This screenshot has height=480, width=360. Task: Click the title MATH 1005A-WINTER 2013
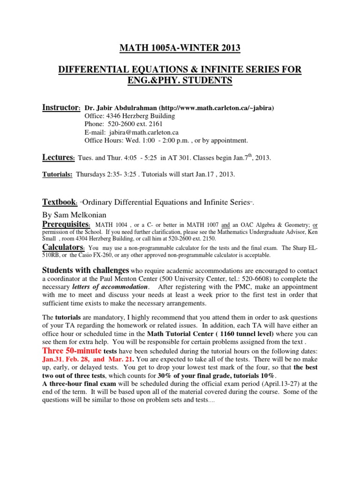(x=180, y=47)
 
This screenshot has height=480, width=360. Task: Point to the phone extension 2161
(x=155, y=124)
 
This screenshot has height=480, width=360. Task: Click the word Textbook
(x=60, y=202)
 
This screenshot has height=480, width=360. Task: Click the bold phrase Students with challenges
(x=85, y=270)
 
